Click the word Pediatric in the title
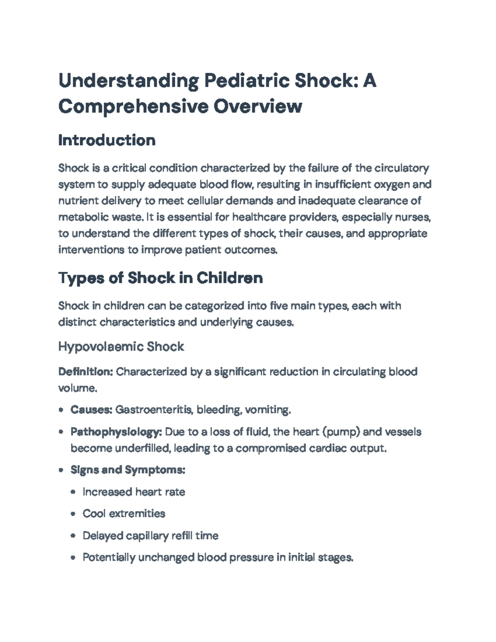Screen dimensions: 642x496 pyautogui.click(x=246, y=80)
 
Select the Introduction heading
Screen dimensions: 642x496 pyautogui.click(x=107, y=140)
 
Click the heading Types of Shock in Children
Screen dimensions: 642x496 pyautogui.click(x=160, y=277)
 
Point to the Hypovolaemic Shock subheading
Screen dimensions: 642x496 pyautogui.click(x=121, y=346)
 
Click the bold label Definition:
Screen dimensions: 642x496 pyautogui.click(x=86, y=372)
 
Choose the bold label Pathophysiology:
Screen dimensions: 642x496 pyautogui.click(x=116, y=432)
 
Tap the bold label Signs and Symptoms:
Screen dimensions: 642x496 pyautogui.click(x=128, y=470)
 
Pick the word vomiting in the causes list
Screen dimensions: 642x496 pyautogui.click(x=268, y=410)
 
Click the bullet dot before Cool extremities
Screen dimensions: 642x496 pyautogui.click(x=73, y=514)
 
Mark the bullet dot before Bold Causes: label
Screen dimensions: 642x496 pyautogui.click(x=61, y=410)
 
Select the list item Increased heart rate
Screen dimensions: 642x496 pyautogui.click(x=134, y=492)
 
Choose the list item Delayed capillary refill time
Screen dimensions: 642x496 pyautogui.click(x=150, y=536)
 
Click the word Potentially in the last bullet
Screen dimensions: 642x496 pyautogui.click(x=109, y=558)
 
